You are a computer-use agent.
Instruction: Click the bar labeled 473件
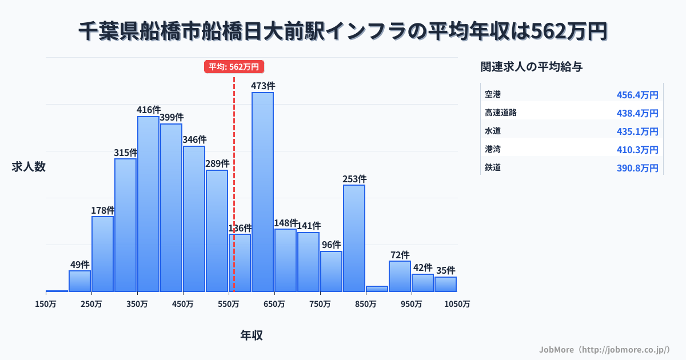tap(262, 191)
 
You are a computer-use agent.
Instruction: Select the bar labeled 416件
tap(148, 204)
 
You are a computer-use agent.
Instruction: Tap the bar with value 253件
tap(354, 238)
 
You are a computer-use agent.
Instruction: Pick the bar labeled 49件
tap(79, 281)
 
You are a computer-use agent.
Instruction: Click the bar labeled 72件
tap(400, 276)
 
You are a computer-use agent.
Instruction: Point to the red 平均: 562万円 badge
tap(234, 67)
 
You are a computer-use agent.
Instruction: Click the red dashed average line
tap(234, 171)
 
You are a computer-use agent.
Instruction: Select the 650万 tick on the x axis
tap(274, 304)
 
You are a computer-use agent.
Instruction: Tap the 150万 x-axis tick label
tap(46, 304)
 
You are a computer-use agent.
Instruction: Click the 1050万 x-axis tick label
tap(458, 304)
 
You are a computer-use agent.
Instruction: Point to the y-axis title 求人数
tap(29, 167)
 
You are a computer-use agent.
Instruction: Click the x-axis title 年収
tap(252, 335)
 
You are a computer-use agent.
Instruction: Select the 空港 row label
tap(493, 94)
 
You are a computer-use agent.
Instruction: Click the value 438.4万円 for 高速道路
tap(637, 113)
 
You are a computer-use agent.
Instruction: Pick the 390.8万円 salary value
tap(637, 168)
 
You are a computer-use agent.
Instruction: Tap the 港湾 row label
tap(493, 149)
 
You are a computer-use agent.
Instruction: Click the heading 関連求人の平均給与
tap(532, 67)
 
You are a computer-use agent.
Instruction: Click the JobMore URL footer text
tap(604, 349)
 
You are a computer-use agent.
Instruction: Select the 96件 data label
tap(331, 245)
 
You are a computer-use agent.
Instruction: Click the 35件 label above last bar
tap(445, 270)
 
